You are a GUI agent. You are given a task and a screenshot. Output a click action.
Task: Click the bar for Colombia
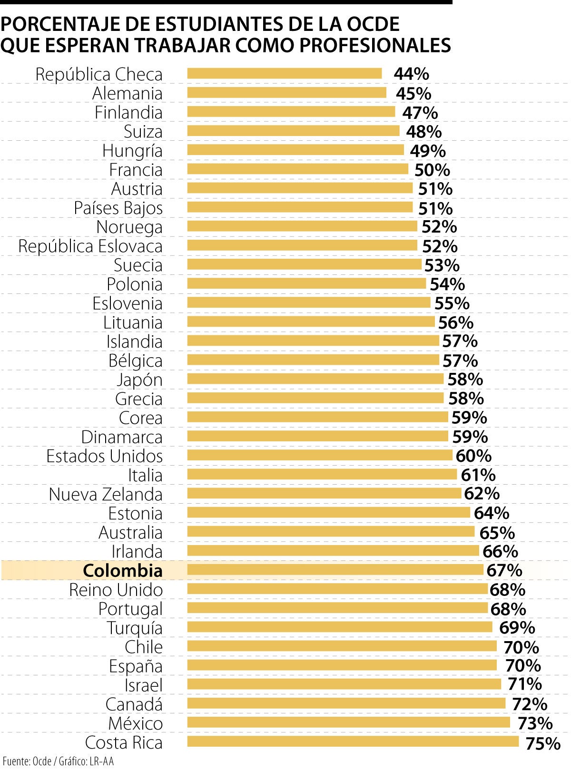pyautogui.click(x=335, y=569)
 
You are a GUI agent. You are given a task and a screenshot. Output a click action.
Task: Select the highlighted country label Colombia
pyautogui.click(x=123, y=570)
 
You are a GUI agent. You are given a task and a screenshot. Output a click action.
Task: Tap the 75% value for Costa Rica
pyautogui.click(x=542, y=743)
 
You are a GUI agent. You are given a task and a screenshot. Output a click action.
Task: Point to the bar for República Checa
pyautogui.click(x=284, y=73)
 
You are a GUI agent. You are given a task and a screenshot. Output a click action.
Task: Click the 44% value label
pyautogui.click(x=411, y=74)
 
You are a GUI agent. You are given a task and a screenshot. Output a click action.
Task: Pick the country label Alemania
pyautogui.click(x=127, y=93)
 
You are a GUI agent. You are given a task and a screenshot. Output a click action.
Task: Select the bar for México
pyautogui.click(x=348, y=722)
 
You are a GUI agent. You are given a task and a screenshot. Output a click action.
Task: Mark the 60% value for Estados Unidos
pyautogui.click(x=473, y=456)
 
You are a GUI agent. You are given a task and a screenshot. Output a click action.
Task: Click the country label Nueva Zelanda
pyautogui.click(x=106, y=494)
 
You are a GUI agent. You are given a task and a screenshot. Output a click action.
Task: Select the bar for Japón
pyautogui.click(x=315, y=379)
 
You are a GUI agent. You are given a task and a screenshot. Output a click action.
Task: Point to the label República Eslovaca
pyautogui.click(x=90, y=246)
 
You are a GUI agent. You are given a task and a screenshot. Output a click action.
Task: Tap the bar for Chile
pyautogui.click(x=342, y=646)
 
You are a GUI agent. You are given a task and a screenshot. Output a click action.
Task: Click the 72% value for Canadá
pyautogui.click(x=529, y=703)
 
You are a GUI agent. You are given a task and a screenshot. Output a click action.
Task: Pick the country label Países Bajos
pyautogui.click(x=118, y=208)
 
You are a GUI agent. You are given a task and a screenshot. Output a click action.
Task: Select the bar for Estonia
pyautogui.click(x=328, y=512)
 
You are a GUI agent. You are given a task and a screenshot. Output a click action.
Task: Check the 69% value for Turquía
pyautogui.click(x=517, y=627)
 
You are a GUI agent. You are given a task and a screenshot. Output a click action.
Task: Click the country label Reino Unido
pyautogui.click(x=116, y=590)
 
